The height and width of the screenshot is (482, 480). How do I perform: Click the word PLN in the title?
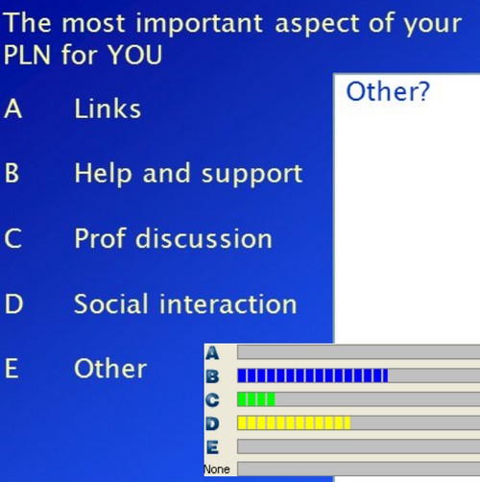[x=27, y=55]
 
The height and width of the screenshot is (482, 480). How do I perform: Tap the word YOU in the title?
[x=135, y=55]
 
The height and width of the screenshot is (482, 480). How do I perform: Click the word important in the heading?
[x=199, y=24]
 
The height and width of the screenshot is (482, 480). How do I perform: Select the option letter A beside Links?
[x=13, y=108]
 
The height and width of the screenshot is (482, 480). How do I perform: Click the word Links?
[x=108, y=108]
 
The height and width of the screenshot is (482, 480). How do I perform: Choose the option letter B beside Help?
[x=12, y=173]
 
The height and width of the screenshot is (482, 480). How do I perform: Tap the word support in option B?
[x=252, y=175]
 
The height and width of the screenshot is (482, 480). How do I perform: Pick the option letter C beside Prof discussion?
[x=13, y=238]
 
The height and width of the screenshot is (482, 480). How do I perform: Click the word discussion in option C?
[x=204, y=238]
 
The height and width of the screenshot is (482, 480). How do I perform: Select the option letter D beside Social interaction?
[x=13, y=303]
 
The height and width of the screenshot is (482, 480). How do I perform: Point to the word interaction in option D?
[x=228, y=303]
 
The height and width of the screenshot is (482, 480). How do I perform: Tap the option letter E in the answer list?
[x=12, y=369]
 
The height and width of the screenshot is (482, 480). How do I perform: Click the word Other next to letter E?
[x=110, y=369]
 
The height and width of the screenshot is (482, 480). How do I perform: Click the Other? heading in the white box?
[x=388, y=92]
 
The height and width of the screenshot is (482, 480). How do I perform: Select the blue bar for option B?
[x=313, y=375]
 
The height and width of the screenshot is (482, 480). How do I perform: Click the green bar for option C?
[x=256, y=399]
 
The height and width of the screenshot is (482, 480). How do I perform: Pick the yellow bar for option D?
[x=294, y=423]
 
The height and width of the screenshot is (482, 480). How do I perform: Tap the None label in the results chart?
[x=217, y=470]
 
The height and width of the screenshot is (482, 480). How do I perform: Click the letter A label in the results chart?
[x=212, y=353]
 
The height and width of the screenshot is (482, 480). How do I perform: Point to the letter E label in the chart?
[x=212, y=447]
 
